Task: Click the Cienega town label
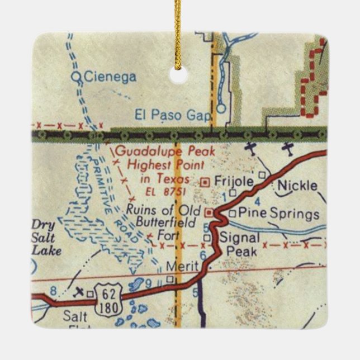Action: [x=110, y=77]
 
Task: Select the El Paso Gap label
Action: [x=173, y=116]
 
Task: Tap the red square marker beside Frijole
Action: [x=205, y=181]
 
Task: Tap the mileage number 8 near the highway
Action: [x=53, y=290]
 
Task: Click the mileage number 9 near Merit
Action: [x=148, y=284]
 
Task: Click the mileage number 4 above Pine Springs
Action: [x=257, y=200]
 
